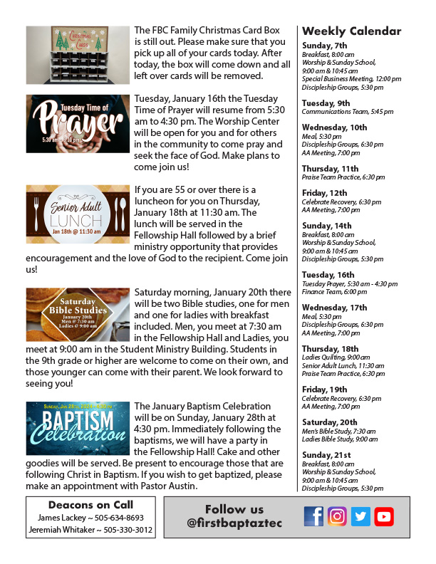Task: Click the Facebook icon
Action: coord(313,516)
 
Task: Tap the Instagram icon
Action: coord(337,516)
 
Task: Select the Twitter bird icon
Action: coord(360,516)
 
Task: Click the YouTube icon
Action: coord(384,516)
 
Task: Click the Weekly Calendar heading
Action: coord(351,31)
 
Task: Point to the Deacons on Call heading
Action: coord(90,505)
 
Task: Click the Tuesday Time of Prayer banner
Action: coord(78,123)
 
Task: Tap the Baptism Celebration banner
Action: coord(78,428)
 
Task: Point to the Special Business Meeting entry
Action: coord(342,79)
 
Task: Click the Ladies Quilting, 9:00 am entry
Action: coord(336,357)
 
